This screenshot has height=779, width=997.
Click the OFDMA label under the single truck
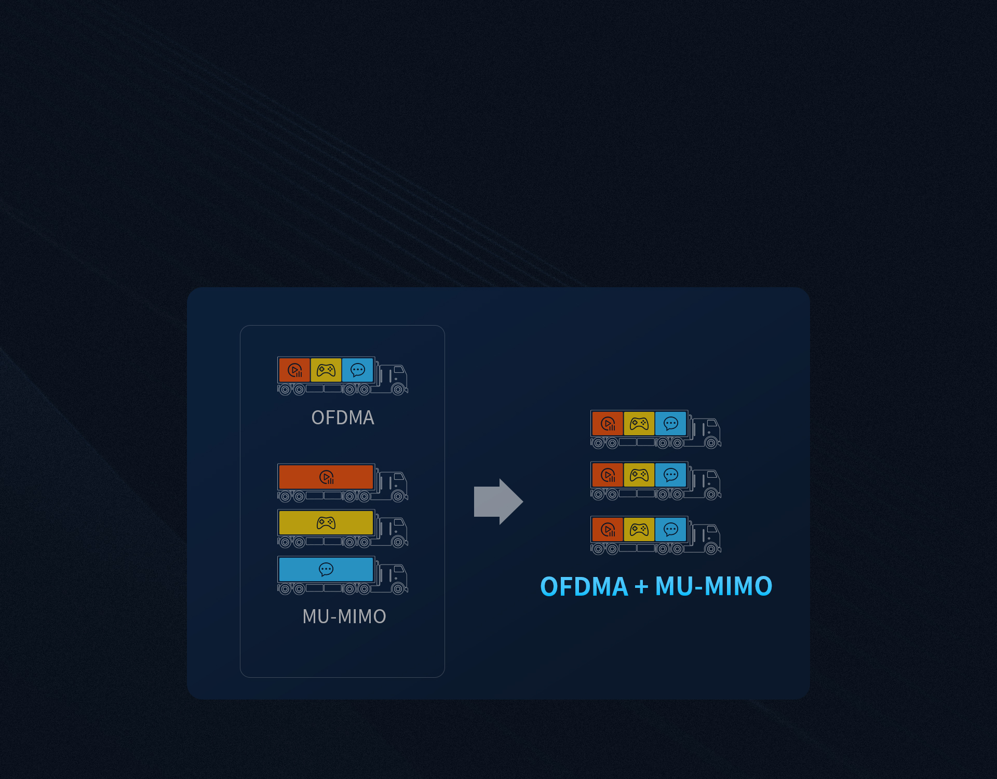pos(343,418)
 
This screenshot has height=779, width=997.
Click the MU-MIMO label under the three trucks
pos(344,616)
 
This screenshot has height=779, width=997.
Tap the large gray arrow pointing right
pos(498,502)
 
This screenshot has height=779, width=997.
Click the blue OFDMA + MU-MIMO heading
pos(656,586)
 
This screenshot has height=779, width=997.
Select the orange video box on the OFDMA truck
pos(294,370)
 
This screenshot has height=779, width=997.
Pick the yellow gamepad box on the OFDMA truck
pos(326,370)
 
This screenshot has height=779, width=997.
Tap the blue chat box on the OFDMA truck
pos(358,370)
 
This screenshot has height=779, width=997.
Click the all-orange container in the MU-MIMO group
pos(326,477)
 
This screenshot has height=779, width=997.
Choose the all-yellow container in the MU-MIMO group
pos(326,523)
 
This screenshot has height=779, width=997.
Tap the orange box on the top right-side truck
pos(608,424)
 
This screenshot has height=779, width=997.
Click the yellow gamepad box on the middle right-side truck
pos(639,475)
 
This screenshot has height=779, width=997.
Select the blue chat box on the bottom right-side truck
pos(671,530)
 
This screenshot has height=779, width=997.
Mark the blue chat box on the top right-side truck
pos(671,424)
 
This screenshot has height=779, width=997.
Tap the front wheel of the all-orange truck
pos(398,497)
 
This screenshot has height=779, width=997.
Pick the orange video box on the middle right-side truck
pos(608,475)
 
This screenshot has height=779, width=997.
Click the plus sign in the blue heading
pos(642,587)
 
